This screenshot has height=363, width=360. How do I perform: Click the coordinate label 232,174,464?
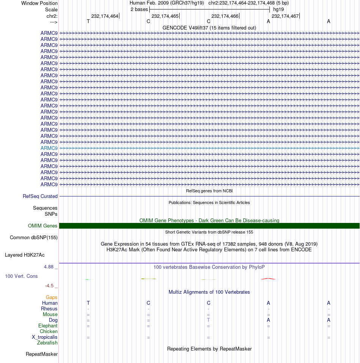point(105,16)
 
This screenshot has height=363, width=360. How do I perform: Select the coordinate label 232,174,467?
point(285,16)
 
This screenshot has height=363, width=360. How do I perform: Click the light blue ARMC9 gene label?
point(49,148)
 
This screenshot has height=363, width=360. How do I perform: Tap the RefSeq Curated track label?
point(40,196)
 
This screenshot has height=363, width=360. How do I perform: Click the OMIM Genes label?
point(43,226)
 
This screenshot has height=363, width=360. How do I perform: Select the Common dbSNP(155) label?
point(34,238)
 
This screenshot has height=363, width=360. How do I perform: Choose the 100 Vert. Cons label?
point(21,276)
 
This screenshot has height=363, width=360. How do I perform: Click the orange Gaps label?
point(52,298)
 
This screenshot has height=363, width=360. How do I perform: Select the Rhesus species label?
point(49,309)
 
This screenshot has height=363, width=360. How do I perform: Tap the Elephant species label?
point(48,326)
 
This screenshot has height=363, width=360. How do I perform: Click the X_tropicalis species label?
point(45,337)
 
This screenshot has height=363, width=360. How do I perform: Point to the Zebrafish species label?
point(47,343)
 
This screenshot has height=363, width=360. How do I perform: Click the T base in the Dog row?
point(208,320)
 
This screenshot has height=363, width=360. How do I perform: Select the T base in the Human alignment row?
point(88,303)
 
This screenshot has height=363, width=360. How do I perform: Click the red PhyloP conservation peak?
point(268,279)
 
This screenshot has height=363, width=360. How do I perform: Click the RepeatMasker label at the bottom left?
point(42,354)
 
